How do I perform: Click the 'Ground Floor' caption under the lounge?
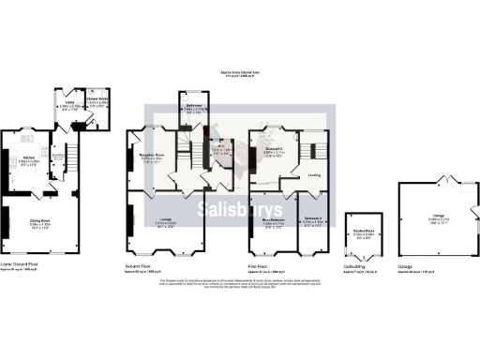[x=138, y=265]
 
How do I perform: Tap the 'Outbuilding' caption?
[x=357, y=265]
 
